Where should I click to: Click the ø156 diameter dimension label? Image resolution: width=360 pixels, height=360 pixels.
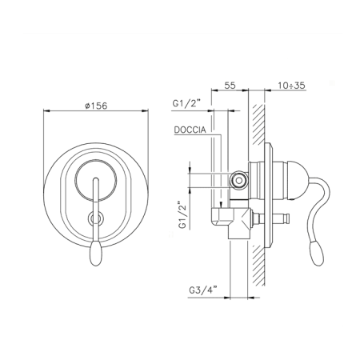96,106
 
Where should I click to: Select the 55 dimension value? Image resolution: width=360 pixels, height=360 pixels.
230,86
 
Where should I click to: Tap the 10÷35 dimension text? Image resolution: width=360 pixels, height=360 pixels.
291,86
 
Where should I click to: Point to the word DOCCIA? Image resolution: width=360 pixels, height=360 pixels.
190,130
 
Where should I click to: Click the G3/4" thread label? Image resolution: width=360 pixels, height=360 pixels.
203,290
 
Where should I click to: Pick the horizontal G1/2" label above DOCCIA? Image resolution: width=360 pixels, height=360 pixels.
186,103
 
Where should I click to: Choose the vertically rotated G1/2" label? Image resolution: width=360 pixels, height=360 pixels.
182,215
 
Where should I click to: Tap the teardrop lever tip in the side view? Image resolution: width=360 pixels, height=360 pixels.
316,253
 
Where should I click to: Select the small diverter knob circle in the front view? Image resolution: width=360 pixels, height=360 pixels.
95,218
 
